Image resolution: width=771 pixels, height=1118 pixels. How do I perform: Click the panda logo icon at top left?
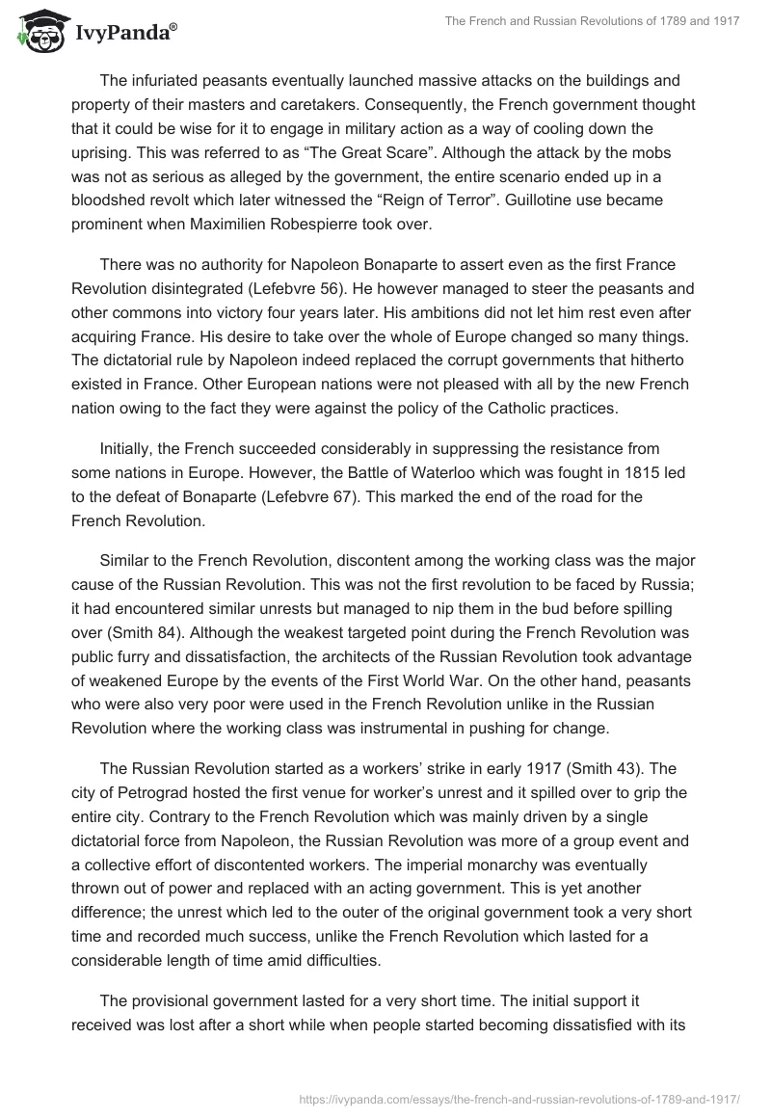36,32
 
